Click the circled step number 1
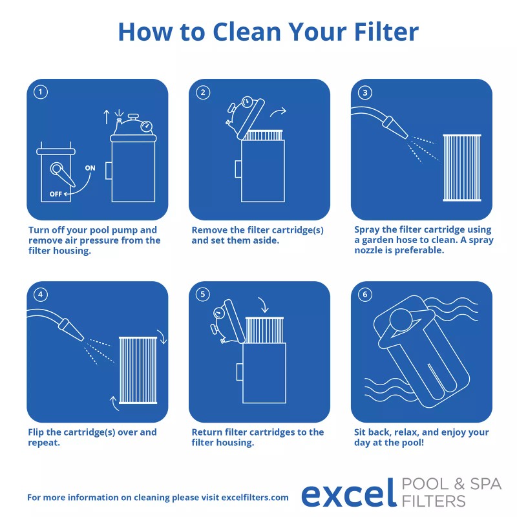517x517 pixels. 41,92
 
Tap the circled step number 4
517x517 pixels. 41,295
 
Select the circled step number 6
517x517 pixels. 366,295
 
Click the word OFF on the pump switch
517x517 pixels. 56,193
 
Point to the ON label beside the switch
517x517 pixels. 90,168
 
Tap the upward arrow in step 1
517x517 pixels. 107,117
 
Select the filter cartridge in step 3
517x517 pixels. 462,167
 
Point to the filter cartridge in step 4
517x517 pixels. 138,370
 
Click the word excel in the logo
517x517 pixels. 348,493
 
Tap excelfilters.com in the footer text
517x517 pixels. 255,497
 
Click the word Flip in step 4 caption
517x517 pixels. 37,432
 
